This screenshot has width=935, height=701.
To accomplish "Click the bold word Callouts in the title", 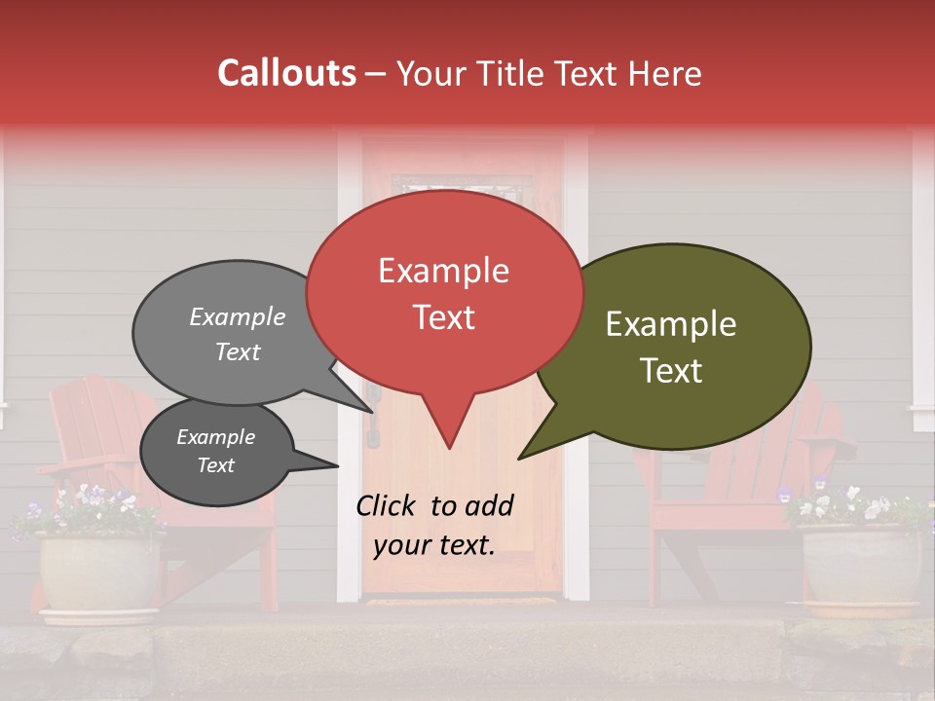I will (x=286, y=73).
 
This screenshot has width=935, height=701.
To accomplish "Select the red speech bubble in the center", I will (x=444, y=292).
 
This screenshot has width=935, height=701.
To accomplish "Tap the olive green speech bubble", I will (x=672, y=346).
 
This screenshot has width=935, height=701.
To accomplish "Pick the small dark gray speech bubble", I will (x=215, y=452).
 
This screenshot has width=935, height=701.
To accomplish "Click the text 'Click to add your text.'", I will (x=434, y=525).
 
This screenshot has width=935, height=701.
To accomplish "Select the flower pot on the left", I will (x=97, y=574).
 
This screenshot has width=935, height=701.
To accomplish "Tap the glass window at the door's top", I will (x=462, y=184).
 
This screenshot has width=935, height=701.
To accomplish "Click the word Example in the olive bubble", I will (x=671, y=324).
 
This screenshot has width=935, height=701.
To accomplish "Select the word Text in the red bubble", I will (x=444, y=317).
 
